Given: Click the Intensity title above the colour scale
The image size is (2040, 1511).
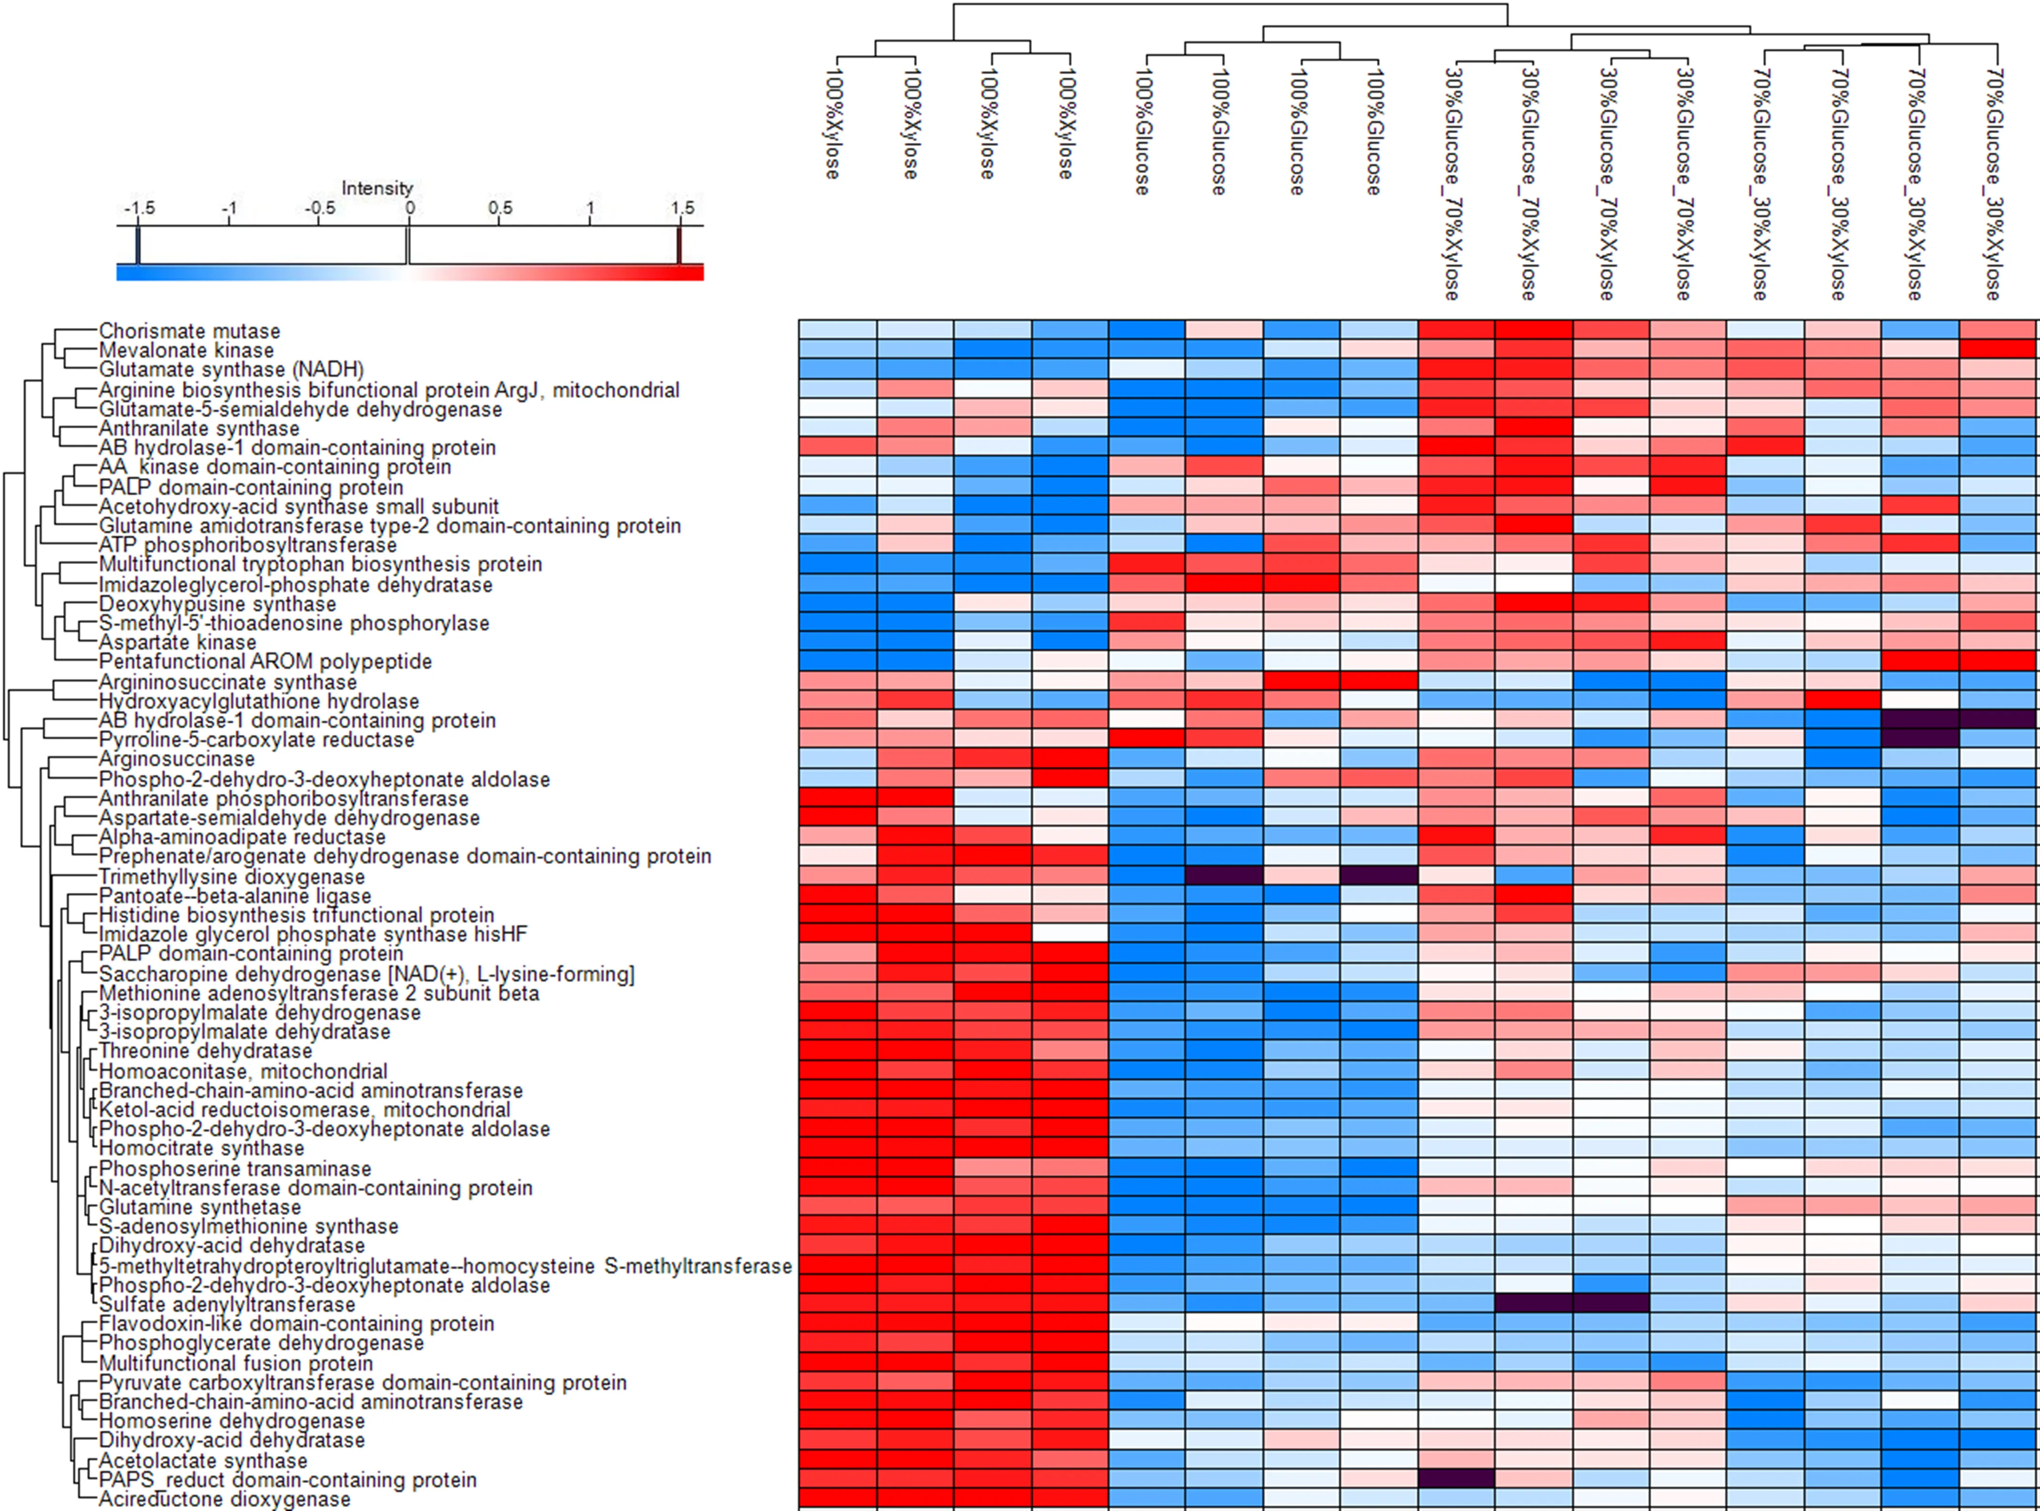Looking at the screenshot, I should [377, 188].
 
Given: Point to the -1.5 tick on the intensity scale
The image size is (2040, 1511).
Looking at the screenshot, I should [139, 208].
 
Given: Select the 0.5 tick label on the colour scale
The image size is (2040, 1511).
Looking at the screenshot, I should [500, 208].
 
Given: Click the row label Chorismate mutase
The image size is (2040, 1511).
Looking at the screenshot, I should [189, 331].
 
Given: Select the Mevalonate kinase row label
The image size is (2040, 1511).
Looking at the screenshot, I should [186, 350].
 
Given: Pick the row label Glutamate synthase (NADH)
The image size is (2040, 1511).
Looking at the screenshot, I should [231, 369].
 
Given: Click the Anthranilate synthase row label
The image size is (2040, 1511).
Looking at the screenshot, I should [199, 428].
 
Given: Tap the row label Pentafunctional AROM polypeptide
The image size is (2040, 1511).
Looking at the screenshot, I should [265, 662].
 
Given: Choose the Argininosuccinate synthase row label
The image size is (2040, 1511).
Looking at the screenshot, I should [228, 682].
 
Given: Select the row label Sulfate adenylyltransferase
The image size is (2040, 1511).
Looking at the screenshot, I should [227, 1304].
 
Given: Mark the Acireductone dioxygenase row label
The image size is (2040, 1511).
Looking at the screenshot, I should [224, 1499].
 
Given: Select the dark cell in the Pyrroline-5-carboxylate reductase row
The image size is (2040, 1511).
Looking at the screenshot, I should [1919, 739].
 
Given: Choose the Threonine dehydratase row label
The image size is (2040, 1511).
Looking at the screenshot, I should [206, 1051].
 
